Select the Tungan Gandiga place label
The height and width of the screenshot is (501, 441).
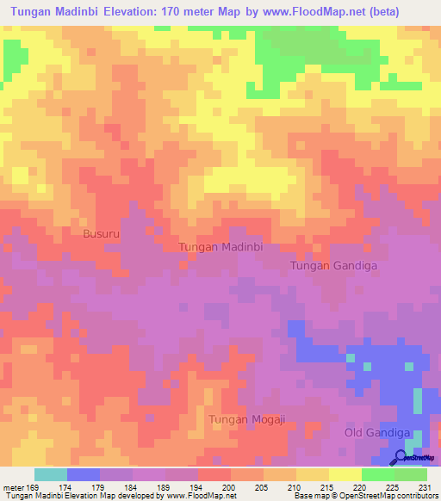pos(333,266)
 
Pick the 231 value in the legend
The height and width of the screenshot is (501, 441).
pos(426,486)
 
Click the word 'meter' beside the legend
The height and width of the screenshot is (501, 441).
pos(13,486)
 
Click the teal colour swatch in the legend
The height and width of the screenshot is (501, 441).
pos(51,474)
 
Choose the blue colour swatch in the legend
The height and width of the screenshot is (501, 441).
pos(84,474)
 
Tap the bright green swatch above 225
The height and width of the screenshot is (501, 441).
pos(377,474)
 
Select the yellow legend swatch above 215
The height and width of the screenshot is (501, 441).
pos(312,474)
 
